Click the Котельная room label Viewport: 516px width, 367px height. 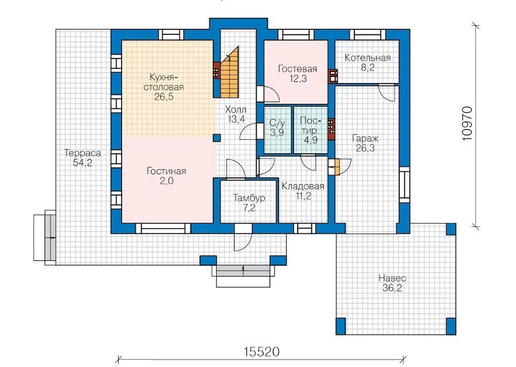(368, 58)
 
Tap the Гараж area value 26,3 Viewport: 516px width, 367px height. (365, 148)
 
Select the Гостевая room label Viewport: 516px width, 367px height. (298, 69)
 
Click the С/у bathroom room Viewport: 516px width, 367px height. (277, 130)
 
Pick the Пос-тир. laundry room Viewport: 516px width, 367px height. (311, 130)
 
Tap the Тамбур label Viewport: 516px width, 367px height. (249, 198)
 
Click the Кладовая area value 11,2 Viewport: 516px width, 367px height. (303, 196)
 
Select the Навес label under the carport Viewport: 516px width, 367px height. (392, 278)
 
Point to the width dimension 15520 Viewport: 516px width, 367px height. (261, 352)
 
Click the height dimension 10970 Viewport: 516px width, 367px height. (467, 123)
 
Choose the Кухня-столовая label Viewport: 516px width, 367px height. (166, 83)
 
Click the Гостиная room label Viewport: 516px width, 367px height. (166, 171)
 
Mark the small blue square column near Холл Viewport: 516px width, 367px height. (217, 138)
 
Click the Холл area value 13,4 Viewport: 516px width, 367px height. (236, 119)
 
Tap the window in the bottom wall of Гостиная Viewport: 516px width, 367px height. (163, 228)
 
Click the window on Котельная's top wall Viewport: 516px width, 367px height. (368, 34)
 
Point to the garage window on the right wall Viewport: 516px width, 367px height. (404, 185)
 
